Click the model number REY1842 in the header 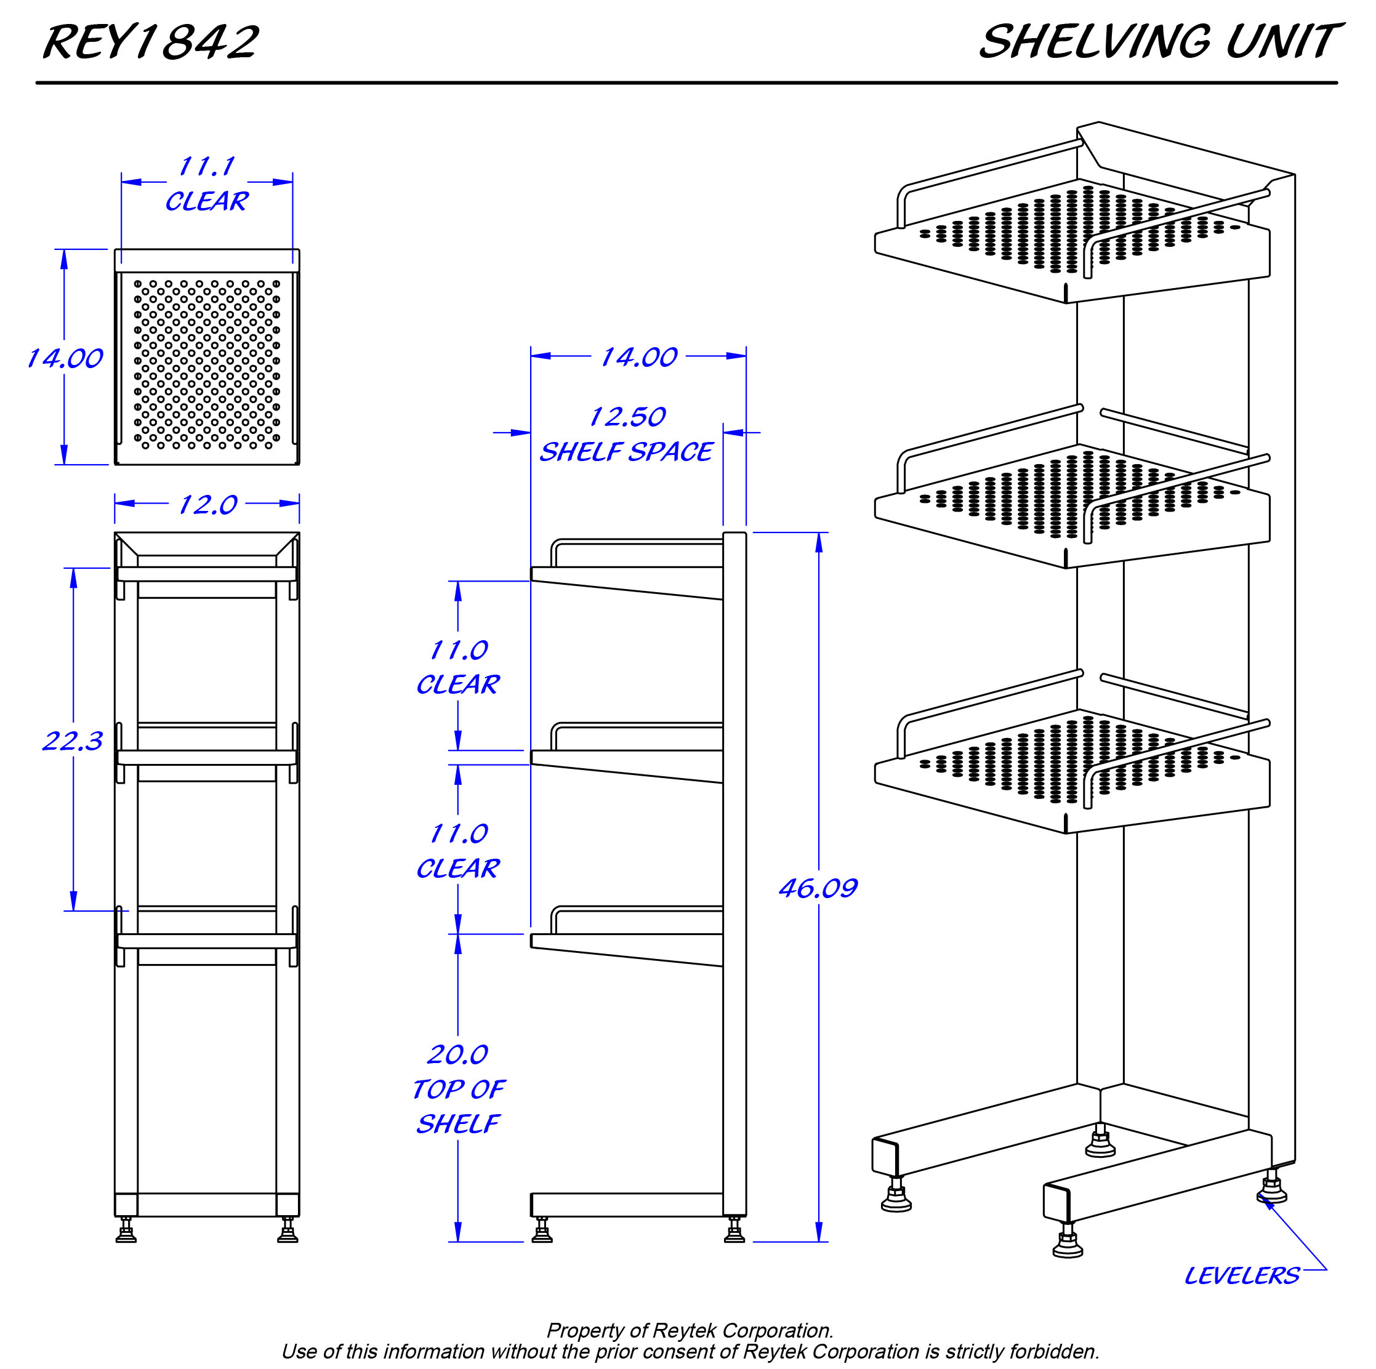(x=150, y=42)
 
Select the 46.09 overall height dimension (x=818, y=888)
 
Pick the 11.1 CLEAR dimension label (x=206, y=184)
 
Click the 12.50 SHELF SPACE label (x=626, y=434)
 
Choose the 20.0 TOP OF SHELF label (x=458, y=1089)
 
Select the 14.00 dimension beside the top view (x=65, y=358)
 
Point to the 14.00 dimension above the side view (x=639, y=357)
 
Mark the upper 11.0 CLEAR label (x=458, y=667)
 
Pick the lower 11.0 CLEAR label (x=458, y=851)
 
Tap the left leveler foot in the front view (x=126, y=1230)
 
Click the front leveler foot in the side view (x=542, y=1230)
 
